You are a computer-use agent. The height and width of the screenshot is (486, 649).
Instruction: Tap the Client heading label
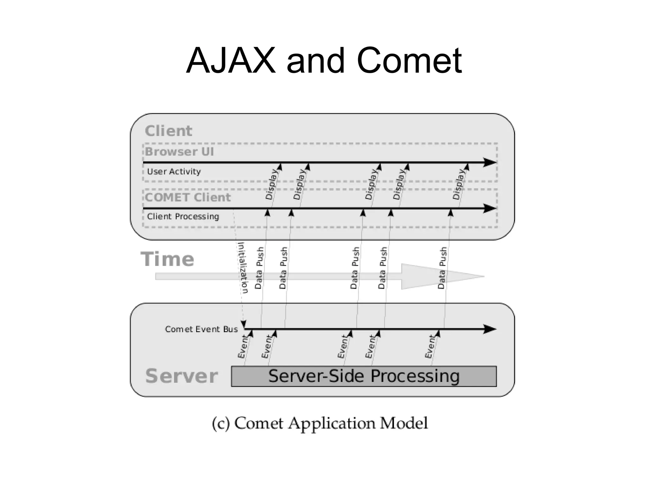pos(168,131)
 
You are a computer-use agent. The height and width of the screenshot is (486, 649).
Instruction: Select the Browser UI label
pos(179,152)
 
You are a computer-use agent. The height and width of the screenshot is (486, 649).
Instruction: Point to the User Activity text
pos(174,172)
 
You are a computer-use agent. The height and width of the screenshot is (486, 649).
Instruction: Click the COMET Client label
pos(188,197)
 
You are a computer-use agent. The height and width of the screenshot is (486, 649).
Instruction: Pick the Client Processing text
pos(183,217)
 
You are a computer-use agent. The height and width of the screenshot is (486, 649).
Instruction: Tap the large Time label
pos(167,259)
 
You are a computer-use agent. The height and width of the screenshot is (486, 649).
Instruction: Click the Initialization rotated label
pos(243,268)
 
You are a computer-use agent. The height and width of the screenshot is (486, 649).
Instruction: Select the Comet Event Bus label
pos(201,329)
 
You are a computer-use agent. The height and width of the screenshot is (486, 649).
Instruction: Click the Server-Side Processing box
pos(364,376)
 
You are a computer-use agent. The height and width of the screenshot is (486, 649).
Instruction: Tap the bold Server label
pos(181,376)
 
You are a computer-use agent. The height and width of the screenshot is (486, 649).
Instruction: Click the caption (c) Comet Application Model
pos(320,423)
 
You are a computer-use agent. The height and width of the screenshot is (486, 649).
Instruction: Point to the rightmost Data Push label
pos(442,268)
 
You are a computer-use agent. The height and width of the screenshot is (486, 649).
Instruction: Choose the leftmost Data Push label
pos(259,268)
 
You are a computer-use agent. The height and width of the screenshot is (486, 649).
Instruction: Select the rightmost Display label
pos(458,184)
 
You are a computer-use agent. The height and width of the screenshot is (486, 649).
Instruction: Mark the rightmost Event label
pos(430,347)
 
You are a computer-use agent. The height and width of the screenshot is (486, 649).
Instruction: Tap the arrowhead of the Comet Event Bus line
pos(490,329)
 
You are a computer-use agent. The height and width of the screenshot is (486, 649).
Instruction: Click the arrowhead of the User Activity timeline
pos(490,162)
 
